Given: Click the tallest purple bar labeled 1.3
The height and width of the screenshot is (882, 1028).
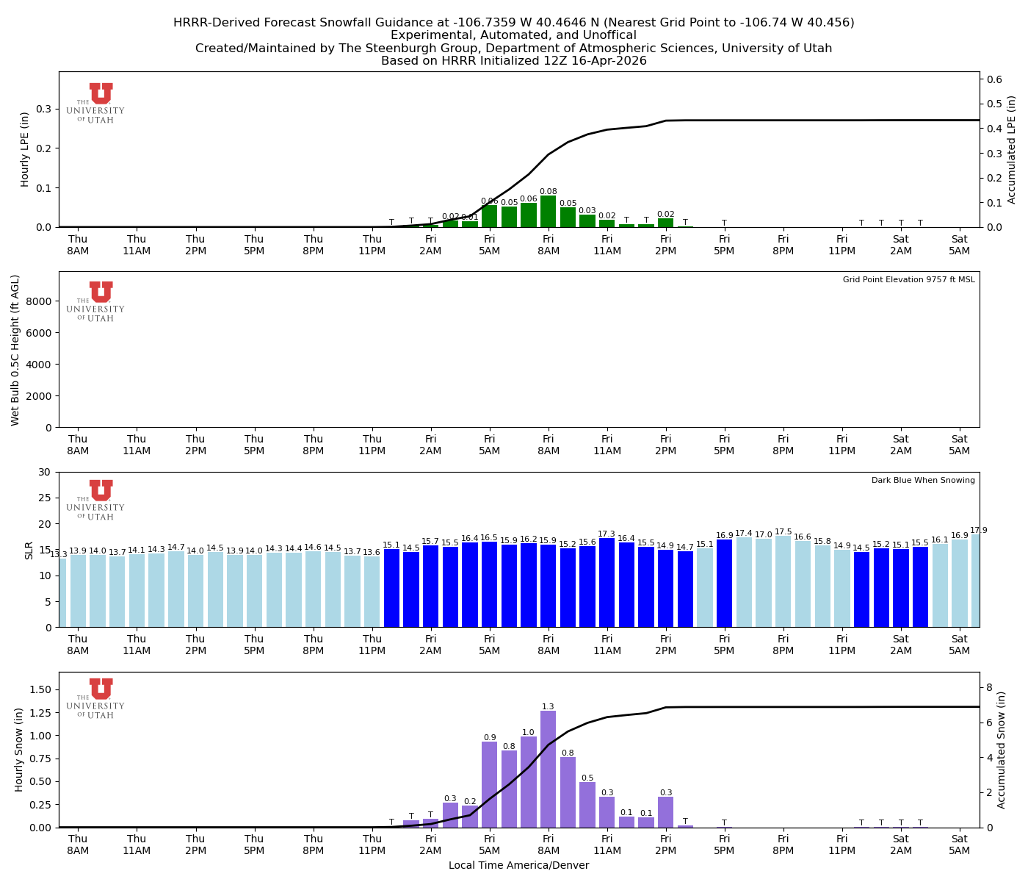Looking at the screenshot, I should (548, 768).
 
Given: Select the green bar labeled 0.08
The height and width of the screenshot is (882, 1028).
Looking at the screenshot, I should (548, 212).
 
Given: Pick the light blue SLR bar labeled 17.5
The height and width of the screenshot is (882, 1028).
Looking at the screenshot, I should (783, 581).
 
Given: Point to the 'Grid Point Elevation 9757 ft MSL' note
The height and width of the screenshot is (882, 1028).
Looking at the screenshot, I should (908, 280).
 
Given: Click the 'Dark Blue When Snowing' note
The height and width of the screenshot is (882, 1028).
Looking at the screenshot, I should (923, 481).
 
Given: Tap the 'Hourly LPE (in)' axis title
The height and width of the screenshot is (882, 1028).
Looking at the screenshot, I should (25, 149).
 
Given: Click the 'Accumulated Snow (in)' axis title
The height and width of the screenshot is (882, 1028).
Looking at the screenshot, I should (1002, 750).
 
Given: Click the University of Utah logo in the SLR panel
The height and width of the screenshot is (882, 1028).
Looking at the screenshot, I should (96, 500).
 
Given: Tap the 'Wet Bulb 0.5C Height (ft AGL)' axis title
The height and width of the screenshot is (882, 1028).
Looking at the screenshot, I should (15, 350).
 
